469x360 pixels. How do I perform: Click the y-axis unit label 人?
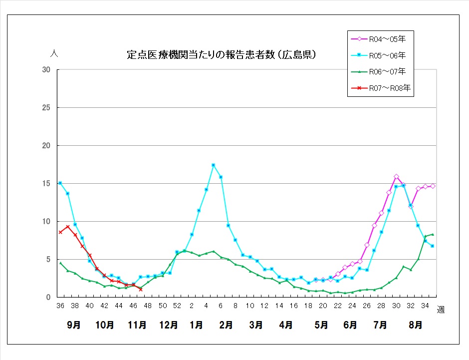[54, 53]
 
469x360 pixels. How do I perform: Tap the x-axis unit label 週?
[441, 310]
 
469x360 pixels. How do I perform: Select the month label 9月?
[74, 325]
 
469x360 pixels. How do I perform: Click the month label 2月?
[226, 325]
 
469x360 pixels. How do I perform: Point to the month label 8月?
[415, 325]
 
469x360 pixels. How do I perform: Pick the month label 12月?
[169, 325]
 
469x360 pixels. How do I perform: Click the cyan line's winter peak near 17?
[213, 165]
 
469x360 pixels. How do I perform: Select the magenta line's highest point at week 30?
[396, 177]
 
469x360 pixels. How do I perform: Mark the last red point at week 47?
[141, 289]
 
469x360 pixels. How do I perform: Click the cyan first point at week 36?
[60, 183]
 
